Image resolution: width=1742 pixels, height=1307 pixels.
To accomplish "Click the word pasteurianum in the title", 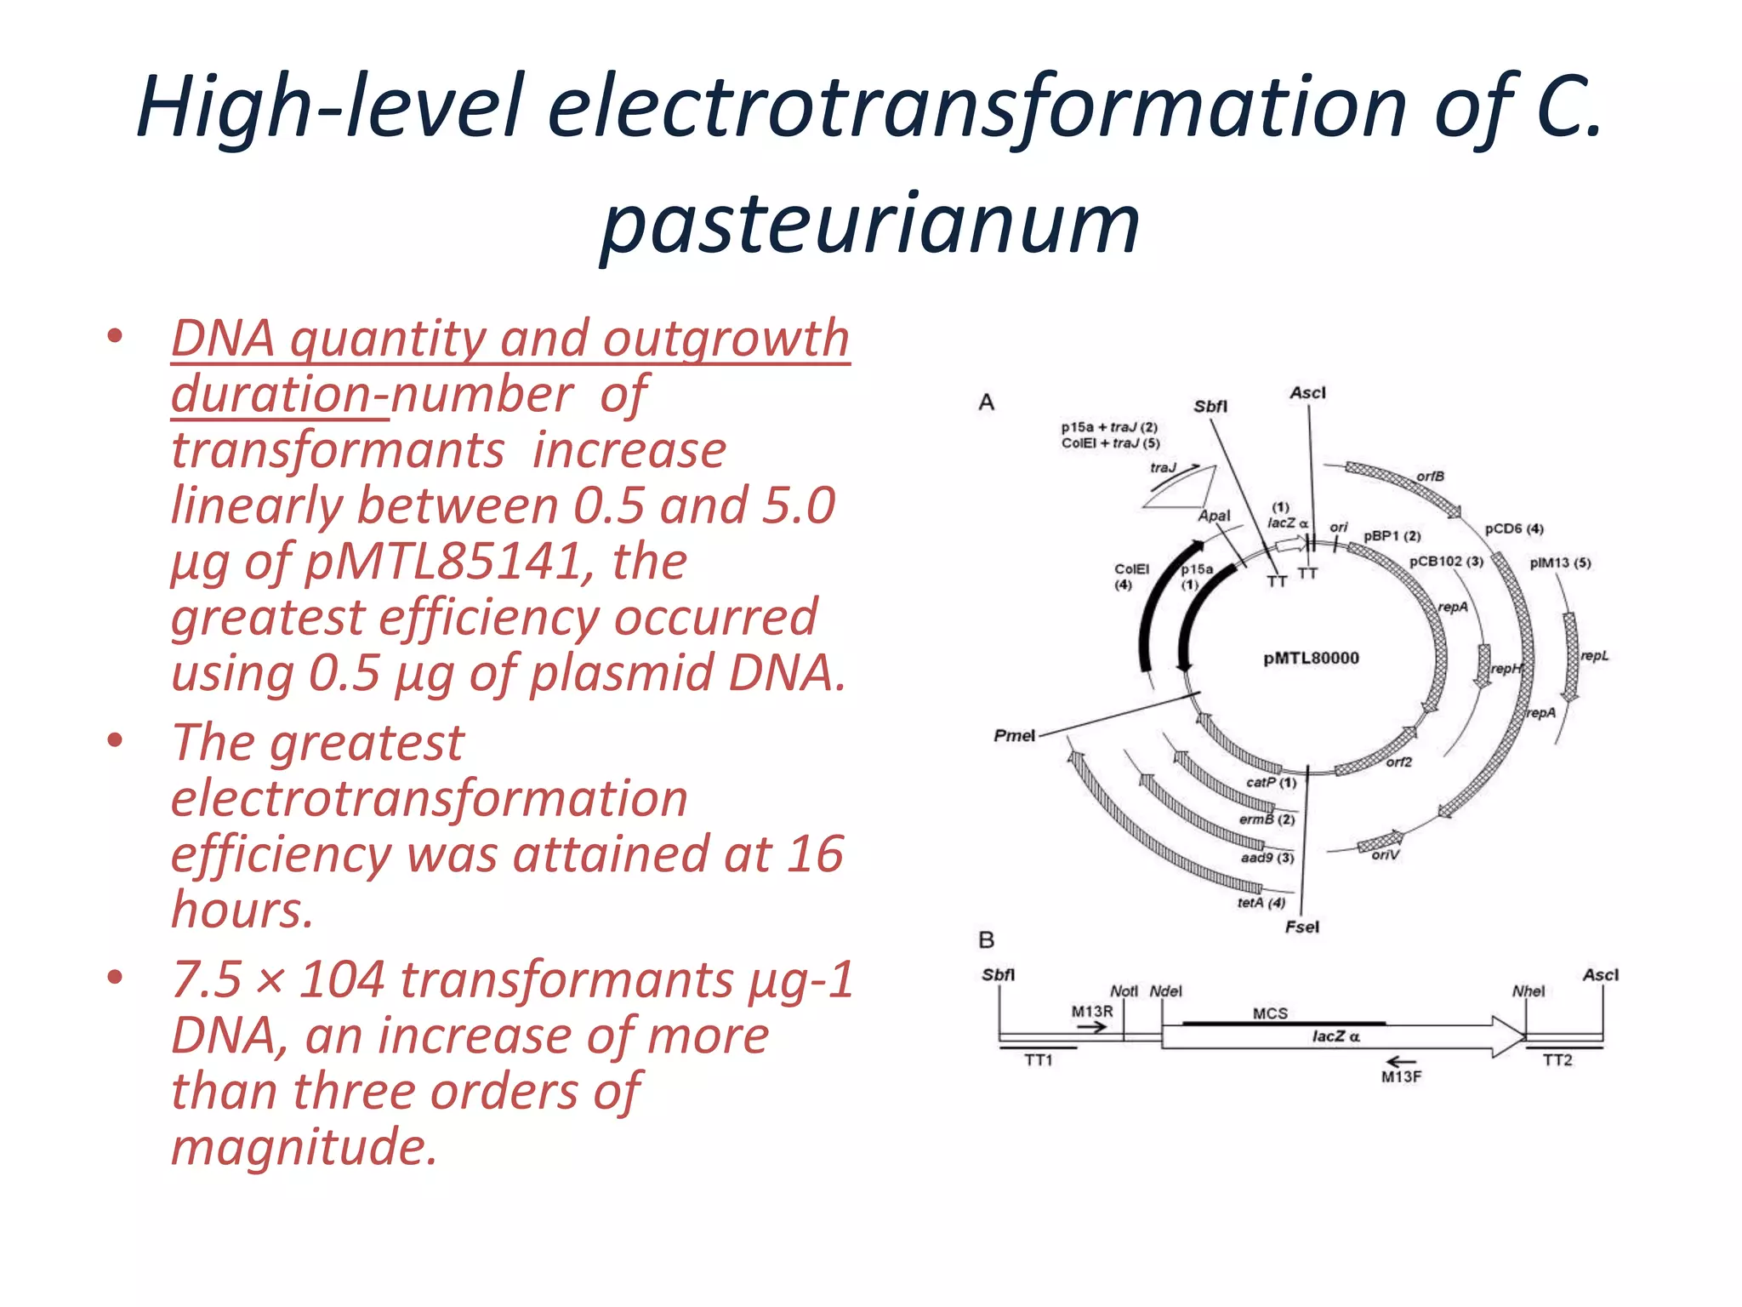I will (869, 223).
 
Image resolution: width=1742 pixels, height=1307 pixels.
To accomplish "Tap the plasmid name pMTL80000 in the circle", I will (1311, 658).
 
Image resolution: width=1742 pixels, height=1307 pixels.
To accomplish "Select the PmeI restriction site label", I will (1015, 735).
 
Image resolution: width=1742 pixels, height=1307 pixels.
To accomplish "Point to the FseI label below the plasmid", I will (1301, 927).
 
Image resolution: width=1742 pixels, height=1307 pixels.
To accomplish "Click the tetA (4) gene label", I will (1261, 902).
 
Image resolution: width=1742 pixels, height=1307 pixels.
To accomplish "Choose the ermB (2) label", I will (1267, 819).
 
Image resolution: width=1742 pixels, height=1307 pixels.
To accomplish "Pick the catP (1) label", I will (1271, 782).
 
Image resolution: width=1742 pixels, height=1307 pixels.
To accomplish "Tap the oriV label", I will (1385, 854).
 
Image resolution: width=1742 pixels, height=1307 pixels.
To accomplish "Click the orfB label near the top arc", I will (1430, 476).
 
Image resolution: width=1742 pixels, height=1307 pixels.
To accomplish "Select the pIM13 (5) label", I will (1560, 562).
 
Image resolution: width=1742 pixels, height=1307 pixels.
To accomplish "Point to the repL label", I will (1595, 655).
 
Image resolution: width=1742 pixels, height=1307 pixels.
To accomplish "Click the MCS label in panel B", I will (1270, 1013).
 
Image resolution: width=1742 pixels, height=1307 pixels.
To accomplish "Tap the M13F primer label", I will (1401, 1076).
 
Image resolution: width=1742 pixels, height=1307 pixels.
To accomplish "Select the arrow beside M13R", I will (1091, 1027).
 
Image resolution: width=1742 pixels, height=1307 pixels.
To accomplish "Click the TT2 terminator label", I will (1557, 1059).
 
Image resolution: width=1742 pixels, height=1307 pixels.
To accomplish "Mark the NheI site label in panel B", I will (1529, 990).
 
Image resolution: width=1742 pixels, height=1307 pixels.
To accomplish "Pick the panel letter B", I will (987, 939).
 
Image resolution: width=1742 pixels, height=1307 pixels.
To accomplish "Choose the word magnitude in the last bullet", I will (304, 1145).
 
